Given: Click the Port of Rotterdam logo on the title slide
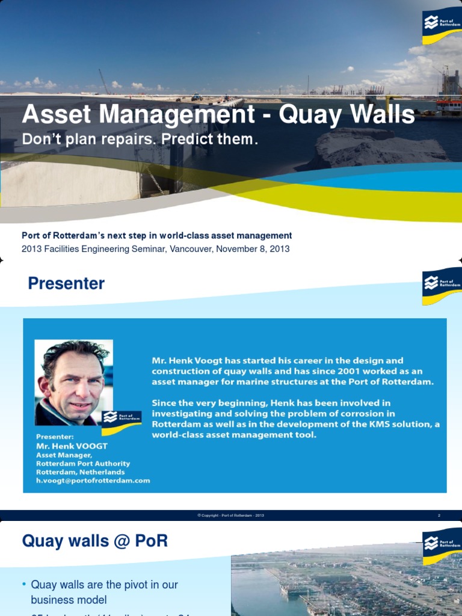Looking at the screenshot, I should coord(442,26).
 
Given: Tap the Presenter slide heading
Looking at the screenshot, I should coord(66,284).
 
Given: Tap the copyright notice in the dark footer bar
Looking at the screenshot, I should coord(230,516).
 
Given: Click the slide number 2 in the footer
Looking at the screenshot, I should coord(439,516).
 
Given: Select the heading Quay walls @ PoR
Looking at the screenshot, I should coord(94,541).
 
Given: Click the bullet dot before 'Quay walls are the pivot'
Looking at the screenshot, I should coord(24,585).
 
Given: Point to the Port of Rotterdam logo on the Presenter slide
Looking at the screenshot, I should coord(442,286).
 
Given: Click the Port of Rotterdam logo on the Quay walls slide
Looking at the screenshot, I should coord(442,546).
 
